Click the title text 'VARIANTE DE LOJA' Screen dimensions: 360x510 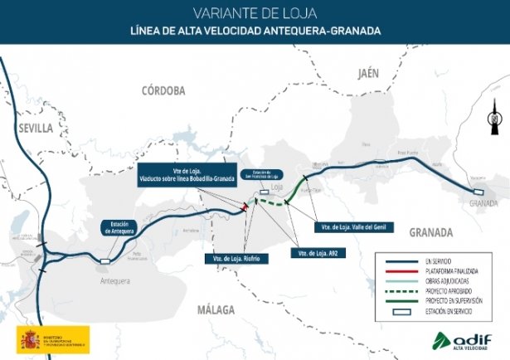coord(255,13)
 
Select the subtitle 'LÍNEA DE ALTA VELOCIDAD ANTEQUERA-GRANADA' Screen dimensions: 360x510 coord(255,32)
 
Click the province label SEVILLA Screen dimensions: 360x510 coord(35,129)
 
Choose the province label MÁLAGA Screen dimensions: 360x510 coord(217,309)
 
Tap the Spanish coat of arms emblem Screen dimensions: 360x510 coord(30,339)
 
